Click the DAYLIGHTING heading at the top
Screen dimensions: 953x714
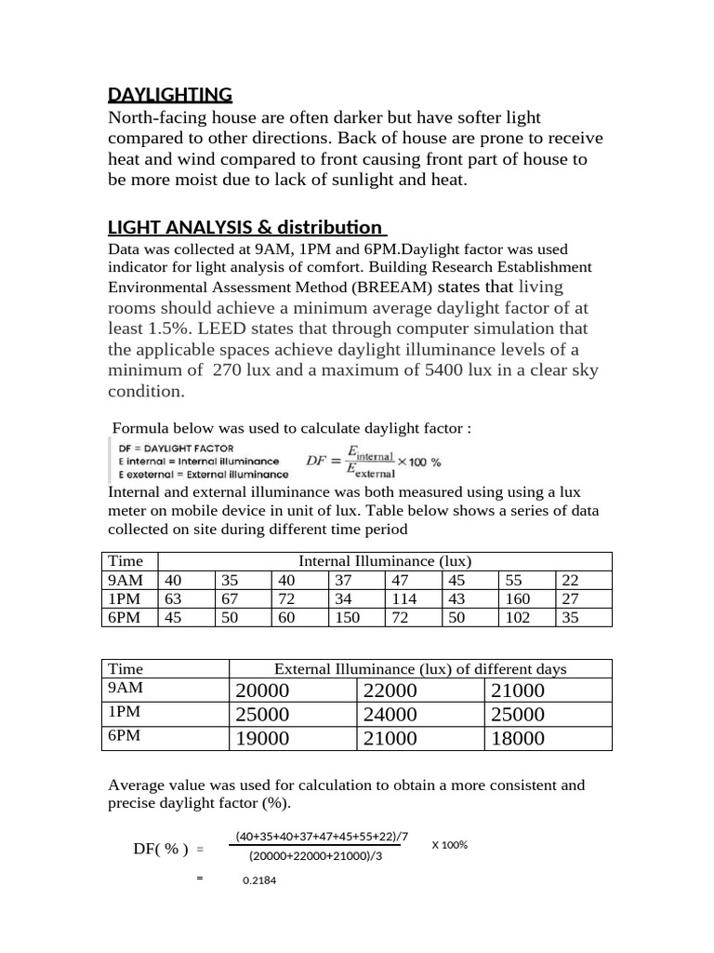[169, 94]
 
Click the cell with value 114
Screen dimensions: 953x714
[403, 598]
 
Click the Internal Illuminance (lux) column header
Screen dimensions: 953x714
[384, 561]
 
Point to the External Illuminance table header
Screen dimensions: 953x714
[420, 669]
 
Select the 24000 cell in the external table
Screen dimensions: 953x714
[390, 715]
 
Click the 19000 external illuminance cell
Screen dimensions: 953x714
[264, 739]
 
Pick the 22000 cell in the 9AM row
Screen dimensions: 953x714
[390, 691]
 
